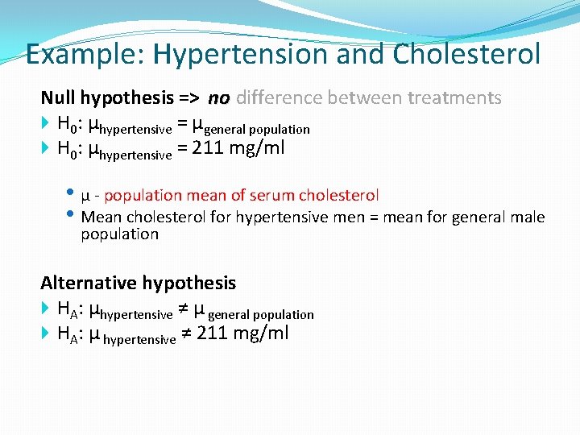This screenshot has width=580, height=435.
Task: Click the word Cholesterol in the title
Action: coord(466,55)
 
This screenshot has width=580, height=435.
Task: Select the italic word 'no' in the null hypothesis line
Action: coord(218,98)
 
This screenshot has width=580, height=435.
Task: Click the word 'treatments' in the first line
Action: coord(454,98)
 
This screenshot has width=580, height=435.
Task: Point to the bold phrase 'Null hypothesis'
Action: coord(107,98)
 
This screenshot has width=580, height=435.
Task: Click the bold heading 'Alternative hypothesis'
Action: coord(139,283)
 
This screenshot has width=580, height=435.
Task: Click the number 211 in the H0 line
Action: coord(209,149)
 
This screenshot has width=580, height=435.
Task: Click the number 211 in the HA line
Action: coord(213,333)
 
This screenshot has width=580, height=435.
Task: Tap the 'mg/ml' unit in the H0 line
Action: coord(257,149)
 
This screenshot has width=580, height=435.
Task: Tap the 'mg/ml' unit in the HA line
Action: coord(261,333)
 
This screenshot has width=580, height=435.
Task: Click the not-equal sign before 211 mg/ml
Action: coord(185,333)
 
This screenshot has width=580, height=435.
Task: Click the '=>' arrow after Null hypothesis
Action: coord(190,98)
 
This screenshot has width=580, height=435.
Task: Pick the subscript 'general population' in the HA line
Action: coord(262,314)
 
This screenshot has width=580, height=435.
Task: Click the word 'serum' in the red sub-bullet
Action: coord(272,195)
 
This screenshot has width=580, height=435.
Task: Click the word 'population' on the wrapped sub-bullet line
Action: coord(120,234)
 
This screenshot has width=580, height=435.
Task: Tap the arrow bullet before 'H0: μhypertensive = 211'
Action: coord(46,149)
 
